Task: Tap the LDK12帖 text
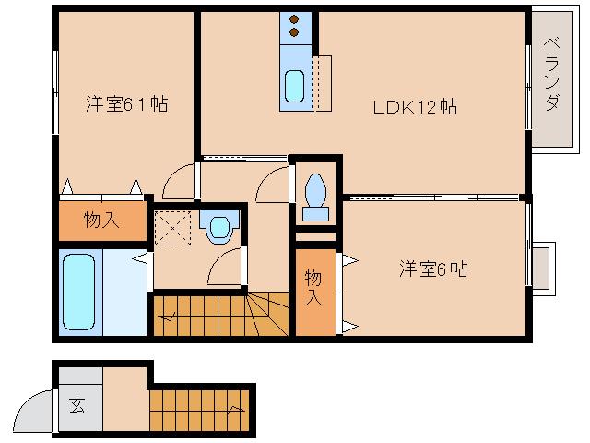[x=415, y=106]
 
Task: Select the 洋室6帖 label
[x=433, y=269]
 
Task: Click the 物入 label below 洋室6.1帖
[x=101, y=221]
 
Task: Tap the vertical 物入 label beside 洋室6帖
[x=314, y=287]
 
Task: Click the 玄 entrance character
[x=77, y=404]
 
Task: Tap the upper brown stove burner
[x=295, y=19]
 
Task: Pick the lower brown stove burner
[x=295, y=33]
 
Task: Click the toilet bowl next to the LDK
[x=316, y=191]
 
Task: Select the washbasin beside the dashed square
[x=220, y=226]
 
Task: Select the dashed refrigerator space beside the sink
[x=322, y=83]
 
